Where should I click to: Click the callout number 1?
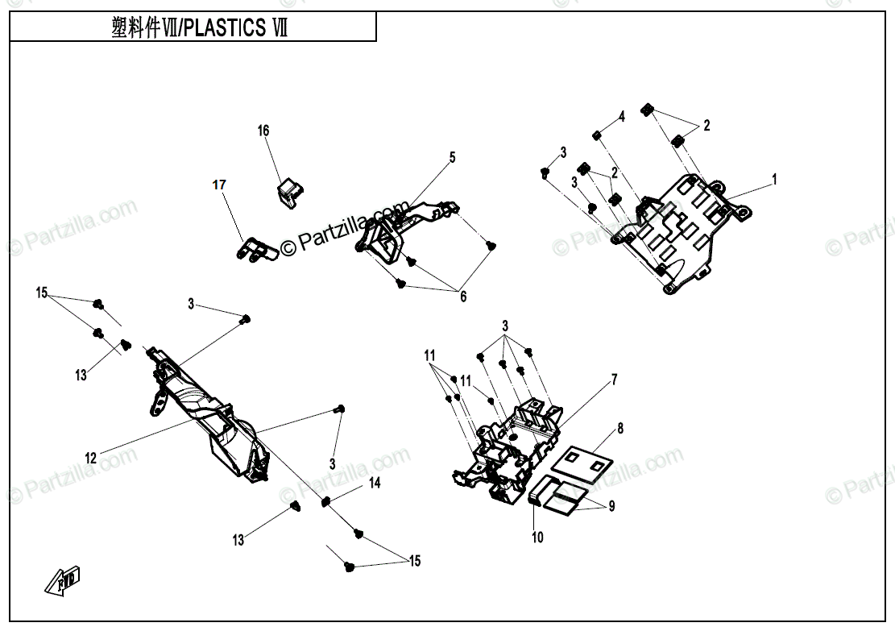(774, 180)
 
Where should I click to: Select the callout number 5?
(453, 157)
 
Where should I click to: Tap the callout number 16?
(263, 131)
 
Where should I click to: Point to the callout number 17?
(219, 185)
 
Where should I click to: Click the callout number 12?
(91, 458)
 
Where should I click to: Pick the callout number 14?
(375, 483)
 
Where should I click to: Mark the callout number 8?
(620, 429)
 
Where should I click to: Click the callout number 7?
(613, 379)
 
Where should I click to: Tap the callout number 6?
(463, 297)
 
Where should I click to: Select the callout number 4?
(622, 117)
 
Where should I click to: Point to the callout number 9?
(611, 507)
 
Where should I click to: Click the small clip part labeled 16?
(291, 193)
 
